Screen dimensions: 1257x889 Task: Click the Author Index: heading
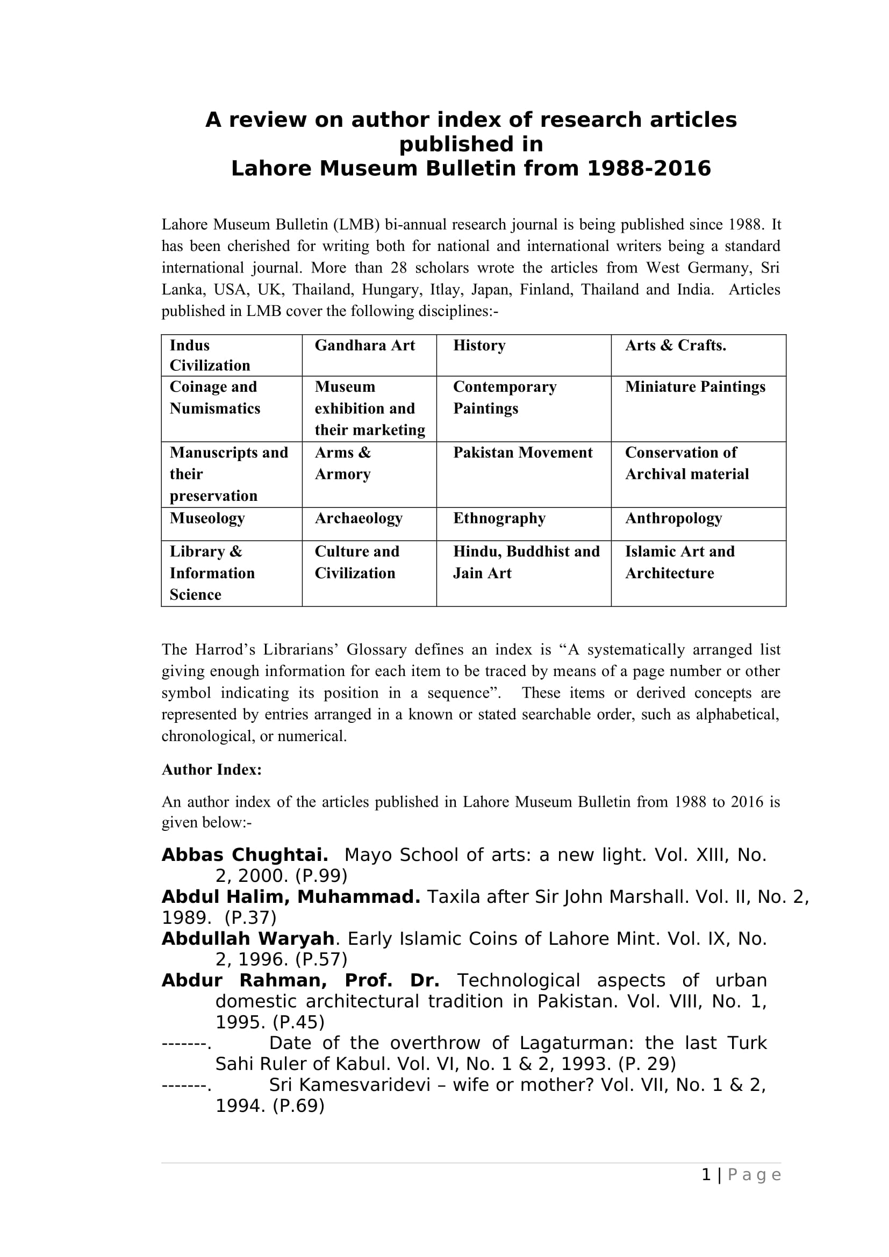tap(212, 770)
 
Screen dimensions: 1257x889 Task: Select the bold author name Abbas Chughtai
tap(245, 855)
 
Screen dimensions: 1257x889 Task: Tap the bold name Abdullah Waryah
tap(248, 938)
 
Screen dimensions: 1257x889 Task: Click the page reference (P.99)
tap(321, 876)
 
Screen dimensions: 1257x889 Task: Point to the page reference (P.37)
tap(250, 917)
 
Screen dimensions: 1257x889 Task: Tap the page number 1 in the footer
tap(706, 1175)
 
